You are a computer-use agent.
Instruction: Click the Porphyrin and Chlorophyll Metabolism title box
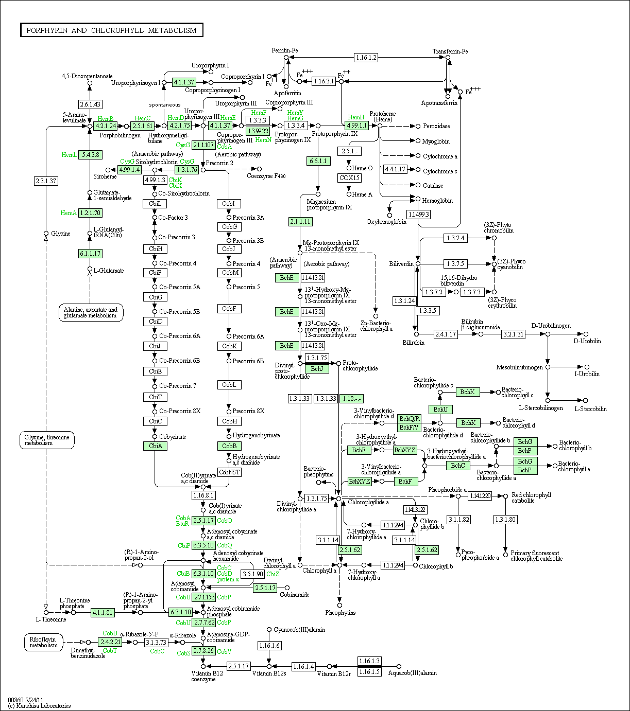click(x=112, y=30)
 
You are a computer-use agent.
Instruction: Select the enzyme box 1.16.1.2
click(x=366, y=58)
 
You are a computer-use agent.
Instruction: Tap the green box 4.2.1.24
click(x=106, y=126)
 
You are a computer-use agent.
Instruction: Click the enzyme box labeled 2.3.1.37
click(x=46, y=181)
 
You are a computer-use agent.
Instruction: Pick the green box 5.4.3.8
click(x=90, y=154)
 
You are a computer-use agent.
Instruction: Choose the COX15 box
click(x=349, y=178)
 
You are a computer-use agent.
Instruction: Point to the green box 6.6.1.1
click(x=318, y=161)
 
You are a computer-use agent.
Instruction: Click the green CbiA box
click(x=155, y=446)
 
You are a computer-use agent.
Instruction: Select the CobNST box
click(x=229, y=472)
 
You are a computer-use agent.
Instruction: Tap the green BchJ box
click(x=317, y=368)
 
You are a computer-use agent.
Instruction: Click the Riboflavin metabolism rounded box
click(x=44, y=642)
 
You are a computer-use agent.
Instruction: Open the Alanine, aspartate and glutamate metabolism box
click(x=91, y=312)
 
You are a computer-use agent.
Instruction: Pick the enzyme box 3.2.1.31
click(x=513, y=334)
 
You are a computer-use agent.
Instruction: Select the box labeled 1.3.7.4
click(x=455, y=238)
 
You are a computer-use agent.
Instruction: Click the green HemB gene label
click(x=106, y=119)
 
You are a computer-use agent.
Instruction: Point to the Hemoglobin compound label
click(x=437, y=201)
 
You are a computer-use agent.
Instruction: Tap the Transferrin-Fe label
click(x=450, y=51)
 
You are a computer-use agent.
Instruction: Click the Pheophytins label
click(x=340, y=613)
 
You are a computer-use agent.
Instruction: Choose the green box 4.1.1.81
click(x=103, y=613)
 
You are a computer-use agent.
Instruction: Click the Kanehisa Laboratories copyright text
click(x=39, y=706)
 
